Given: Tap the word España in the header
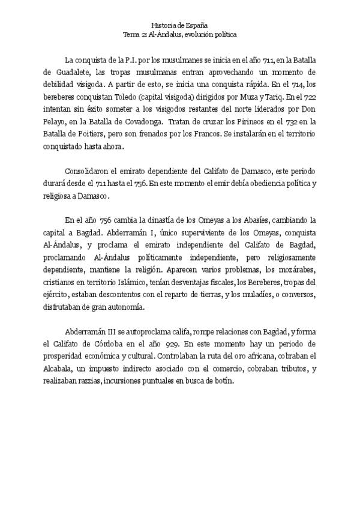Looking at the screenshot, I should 196,25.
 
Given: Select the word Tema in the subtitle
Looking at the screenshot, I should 131,34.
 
